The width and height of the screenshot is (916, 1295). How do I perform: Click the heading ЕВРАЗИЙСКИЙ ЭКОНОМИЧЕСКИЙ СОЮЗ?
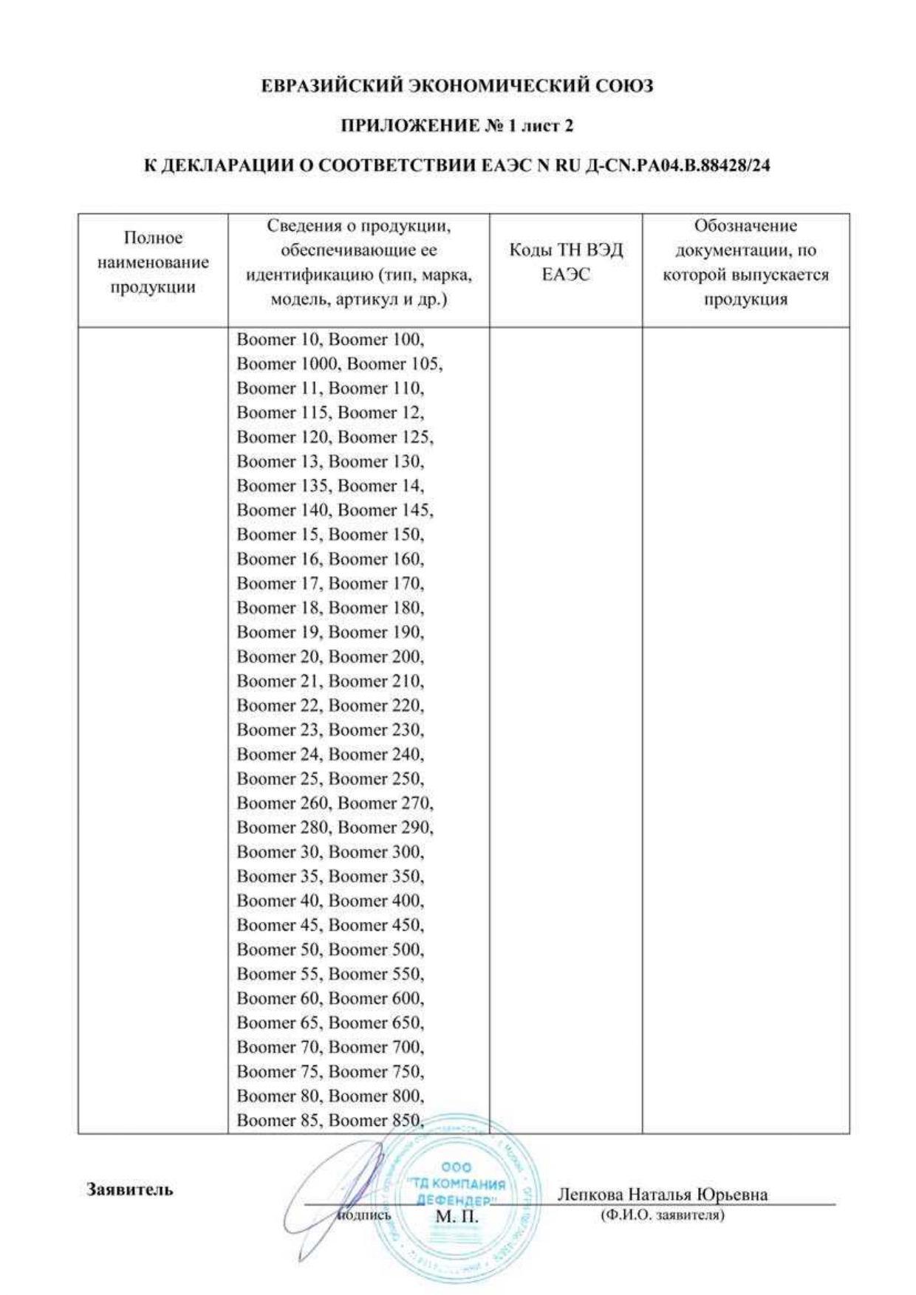tap(457, 86)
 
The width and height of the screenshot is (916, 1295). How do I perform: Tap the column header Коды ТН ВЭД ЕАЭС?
tap(566, 262)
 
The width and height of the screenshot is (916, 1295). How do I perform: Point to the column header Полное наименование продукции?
tap(153, 262)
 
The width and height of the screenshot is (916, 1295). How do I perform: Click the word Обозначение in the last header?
tap(745, 226)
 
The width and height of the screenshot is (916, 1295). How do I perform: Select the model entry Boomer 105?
tap(394, 364)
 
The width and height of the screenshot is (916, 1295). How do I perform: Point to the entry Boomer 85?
tap(278, 1120)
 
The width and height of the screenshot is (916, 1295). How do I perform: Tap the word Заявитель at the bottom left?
tap(130, 1189)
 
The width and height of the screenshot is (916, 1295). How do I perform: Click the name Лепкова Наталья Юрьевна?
tap(662, 1194)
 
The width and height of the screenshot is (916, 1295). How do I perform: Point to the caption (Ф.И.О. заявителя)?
tap(662, 1215)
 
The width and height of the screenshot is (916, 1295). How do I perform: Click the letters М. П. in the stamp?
tap(457, 1217)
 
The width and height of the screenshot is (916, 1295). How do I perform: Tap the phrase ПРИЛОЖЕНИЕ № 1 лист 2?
tap(457, 126)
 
